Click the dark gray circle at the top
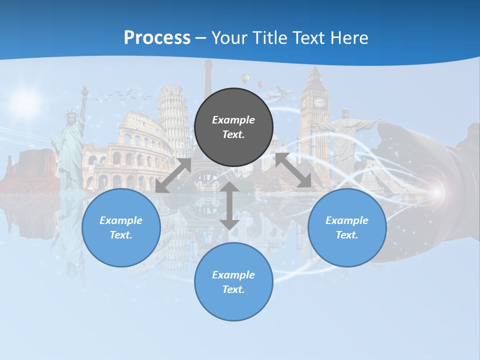[x=233, y=127]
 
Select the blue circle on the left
[x=121, y=227]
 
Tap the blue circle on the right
[x=347, y=227]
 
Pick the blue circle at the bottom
[x=233, y=281]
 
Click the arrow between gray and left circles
[x=173, y=175]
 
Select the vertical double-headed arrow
[x=229, y=205]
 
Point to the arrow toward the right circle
[x=293, y=170]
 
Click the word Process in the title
[x=157, y=37]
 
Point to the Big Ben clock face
[x=318, y=102]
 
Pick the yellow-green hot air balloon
[x=245, y=78]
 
